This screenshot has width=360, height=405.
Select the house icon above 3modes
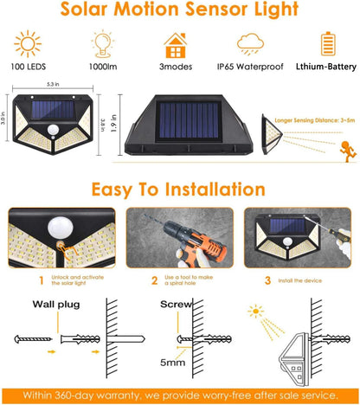(x=177, y=44)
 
